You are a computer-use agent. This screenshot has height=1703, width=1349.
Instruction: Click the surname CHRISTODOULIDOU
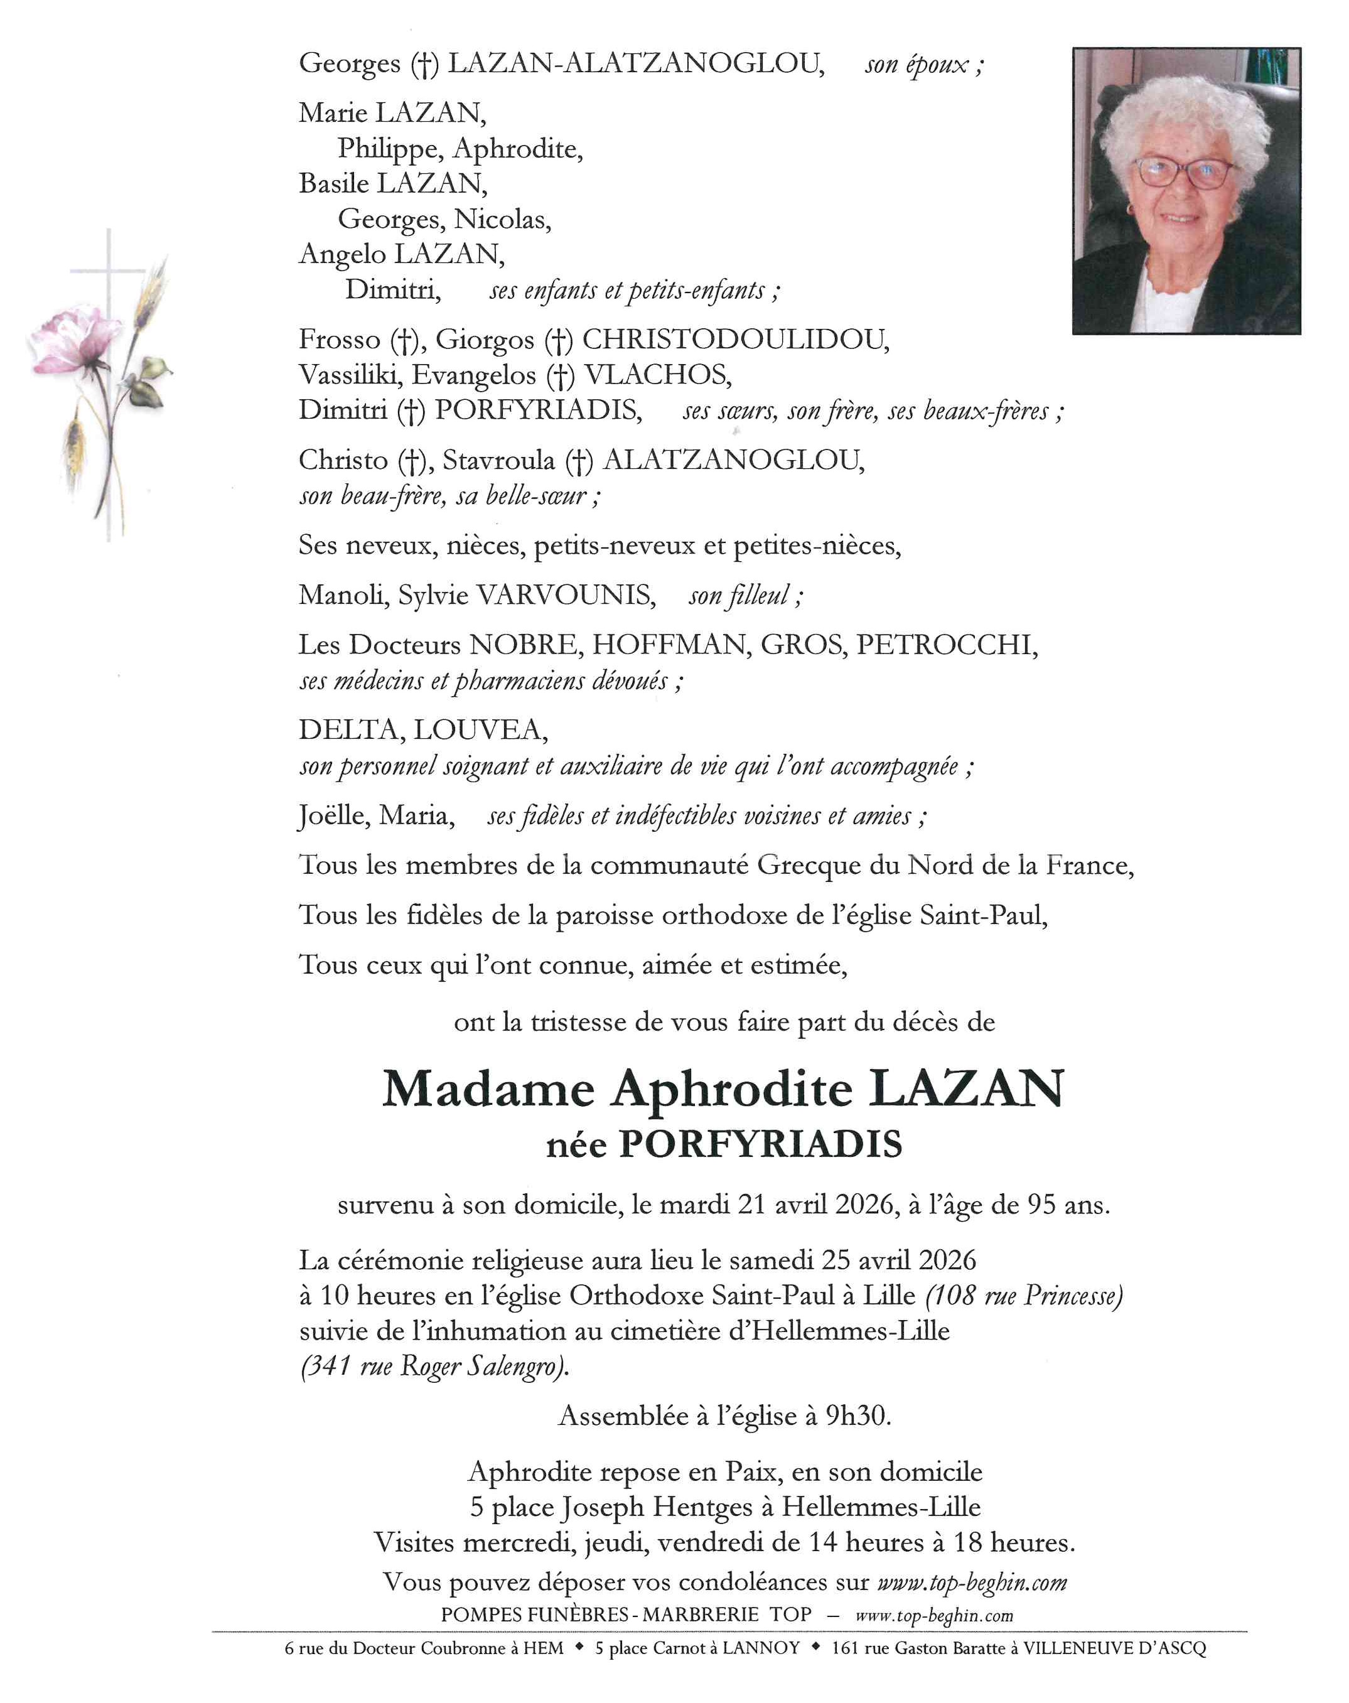734,340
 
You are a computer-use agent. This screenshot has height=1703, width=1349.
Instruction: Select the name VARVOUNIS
566,596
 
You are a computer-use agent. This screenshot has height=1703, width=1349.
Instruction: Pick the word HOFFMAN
670,645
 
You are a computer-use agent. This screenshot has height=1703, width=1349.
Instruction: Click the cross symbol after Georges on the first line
424,64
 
